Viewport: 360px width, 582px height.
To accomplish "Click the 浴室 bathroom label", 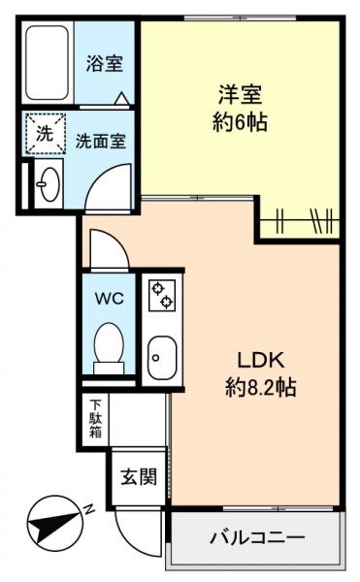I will (104, 64).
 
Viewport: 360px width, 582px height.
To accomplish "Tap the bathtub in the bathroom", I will (48, 64).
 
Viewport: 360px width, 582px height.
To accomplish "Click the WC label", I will (109, 299).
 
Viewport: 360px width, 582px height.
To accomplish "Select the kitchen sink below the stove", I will (159, 359).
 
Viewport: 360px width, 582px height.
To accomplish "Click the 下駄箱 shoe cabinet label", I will (96, 417).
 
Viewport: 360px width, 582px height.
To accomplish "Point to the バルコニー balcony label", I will (258, 536).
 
